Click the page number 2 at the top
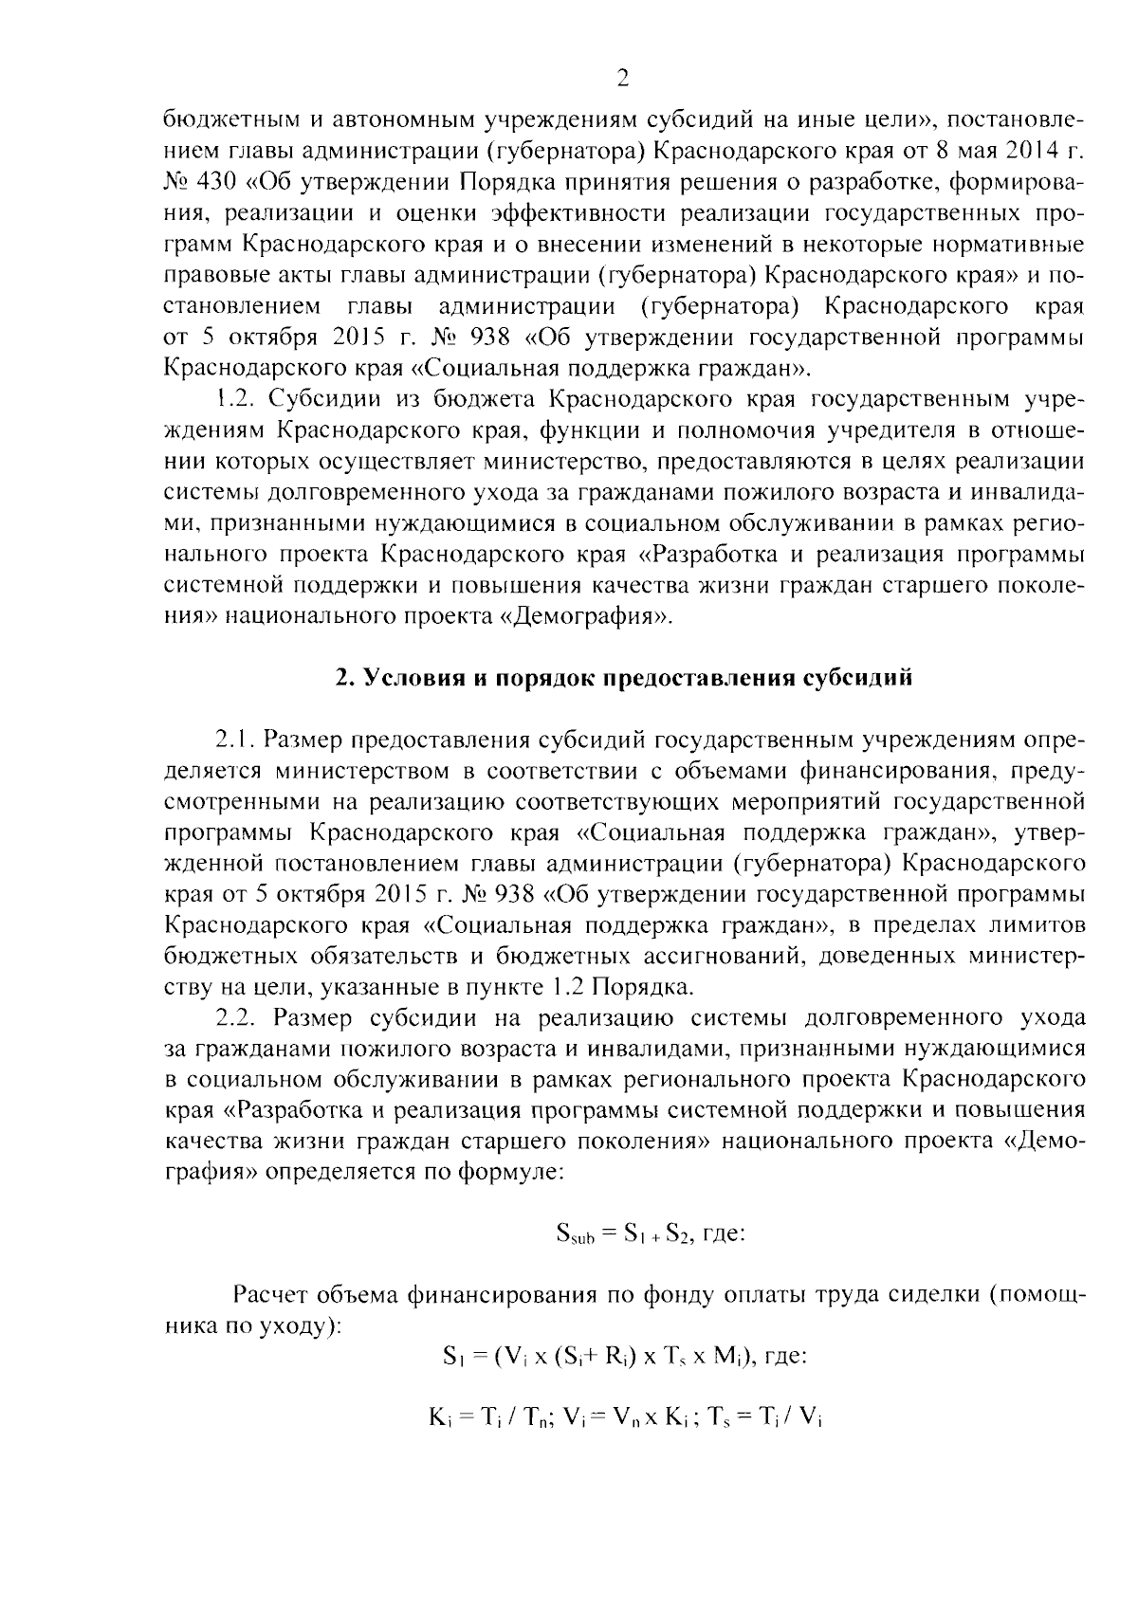click(623, 80)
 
